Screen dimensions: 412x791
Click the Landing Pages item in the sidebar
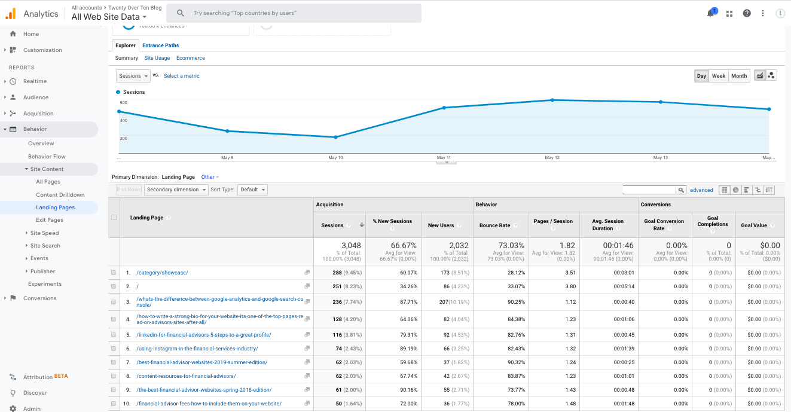coord(55,207)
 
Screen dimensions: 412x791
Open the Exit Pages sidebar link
coord(50,220)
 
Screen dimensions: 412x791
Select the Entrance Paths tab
coord(160,45)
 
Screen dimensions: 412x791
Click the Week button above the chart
coord(718,76)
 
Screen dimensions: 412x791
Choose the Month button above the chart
coord(739,76)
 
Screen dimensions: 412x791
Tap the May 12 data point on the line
coord(552,100)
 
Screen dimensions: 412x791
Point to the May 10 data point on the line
coord(335,137)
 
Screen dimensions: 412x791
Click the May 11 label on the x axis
coord(444,158)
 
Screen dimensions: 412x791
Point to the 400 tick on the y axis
coord(123,120)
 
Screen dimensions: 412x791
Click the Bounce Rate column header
coord(494,225)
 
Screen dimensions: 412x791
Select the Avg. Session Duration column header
coord(606,225)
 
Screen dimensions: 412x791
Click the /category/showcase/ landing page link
coord(162,273)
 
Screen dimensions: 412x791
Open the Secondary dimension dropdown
coord(176,190)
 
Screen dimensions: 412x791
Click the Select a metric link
coord(182,76)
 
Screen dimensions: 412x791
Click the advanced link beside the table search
coord(701,190)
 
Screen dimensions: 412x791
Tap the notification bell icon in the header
coord(710,13)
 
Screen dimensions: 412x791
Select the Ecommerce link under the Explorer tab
coord(190,58)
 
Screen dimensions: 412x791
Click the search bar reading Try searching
coord(294,13)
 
